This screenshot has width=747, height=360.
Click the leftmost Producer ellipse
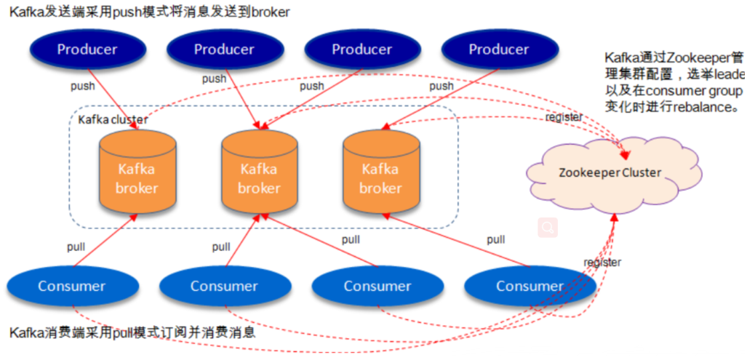tap(87, 50)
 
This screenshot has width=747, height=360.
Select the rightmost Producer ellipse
tap(498, 50)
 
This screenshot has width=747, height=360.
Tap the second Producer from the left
tap(224, 50)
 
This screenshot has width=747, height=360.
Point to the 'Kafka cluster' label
tap(113, 119)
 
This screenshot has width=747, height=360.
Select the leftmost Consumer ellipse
tap(71, 287)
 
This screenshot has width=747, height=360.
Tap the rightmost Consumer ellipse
tap(530, 287)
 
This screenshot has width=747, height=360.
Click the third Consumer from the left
tap(377, 287)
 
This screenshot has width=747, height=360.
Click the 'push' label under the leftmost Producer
tap(82, 86)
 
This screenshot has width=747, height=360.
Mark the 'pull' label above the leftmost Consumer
tap(76, 247)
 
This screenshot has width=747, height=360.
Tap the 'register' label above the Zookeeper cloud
tap(564, 116)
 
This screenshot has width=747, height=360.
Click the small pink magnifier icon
tap(548, 228)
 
